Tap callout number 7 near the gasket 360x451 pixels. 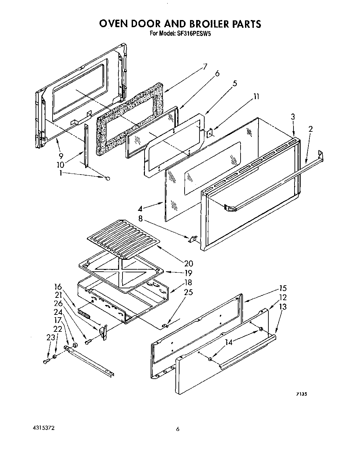tap(205, 67)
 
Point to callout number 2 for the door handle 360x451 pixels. tap(310, 129)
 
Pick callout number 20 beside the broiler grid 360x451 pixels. tap(188, 263)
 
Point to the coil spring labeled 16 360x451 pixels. tap(84, 313)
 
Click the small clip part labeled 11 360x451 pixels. tap(209, 133)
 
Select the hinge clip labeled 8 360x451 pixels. tap(192, 239)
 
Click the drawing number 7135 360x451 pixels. tap(301, 394)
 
